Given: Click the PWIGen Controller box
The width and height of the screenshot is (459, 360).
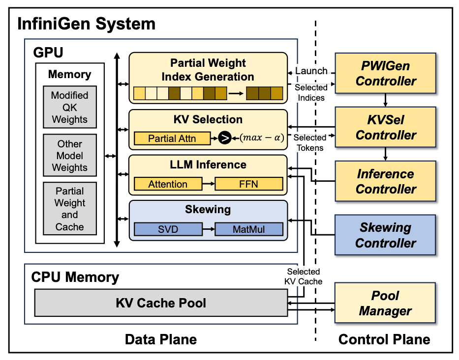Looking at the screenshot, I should (x=385, y=73).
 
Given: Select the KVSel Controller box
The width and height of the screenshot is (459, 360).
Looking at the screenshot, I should (x=385, y=127).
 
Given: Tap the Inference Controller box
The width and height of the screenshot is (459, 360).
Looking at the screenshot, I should (x=385, y=181).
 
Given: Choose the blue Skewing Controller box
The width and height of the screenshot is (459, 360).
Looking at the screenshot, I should (x=385, y=235).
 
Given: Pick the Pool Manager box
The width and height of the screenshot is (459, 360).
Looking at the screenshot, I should (x=385, y=303).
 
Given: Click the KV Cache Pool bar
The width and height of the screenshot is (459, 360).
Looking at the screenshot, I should (x=161, y=303).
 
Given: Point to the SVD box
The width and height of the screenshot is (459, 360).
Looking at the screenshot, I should (x=168, y=229).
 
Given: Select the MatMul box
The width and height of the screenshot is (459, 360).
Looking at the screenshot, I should (x=249, y=229).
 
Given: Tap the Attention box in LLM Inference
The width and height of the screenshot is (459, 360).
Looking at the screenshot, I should (x=168, y=184).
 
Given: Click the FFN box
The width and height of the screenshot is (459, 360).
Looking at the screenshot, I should (x=249, y=184).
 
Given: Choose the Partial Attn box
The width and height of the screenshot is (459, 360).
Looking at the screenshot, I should (x=172, y=138).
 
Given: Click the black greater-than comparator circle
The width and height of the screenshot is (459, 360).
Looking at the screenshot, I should (x=225, y=138).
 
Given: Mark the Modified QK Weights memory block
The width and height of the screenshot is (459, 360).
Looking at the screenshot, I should (x=69, y=108).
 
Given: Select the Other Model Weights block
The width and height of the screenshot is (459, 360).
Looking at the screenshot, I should (x=69, y=156).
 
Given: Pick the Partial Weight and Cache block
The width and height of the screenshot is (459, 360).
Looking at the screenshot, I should (x=69, y=209).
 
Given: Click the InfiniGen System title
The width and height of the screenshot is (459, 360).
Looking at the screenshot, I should (x=87, y=24).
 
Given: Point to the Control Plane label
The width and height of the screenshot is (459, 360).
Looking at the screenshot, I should (x=384, y=339).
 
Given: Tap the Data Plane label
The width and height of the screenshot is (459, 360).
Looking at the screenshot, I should (x=161, y=339).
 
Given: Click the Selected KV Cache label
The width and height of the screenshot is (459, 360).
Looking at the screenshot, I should (x=304, y=277).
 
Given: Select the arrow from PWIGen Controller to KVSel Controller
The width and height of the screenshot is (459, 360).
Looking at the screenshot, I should (x=386, y=100).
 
